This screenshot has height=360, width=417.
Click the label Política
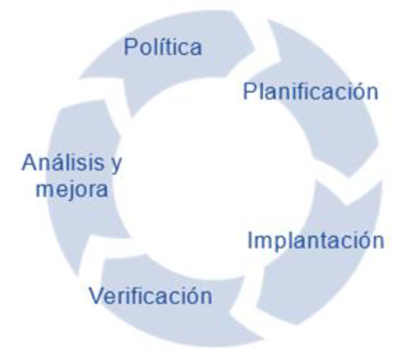(x=163, y=47)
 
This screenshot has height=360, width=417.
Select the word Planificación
(x=311, y=92)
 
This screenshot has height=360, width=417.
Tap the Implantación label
(x=316, y=241)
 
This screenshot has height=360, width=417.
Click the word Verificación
(x=151, y=295)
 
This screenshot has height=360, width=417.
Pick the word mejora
(x=72, y=189)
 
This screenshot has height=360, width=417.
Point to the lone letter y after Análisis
(x=116, y=165)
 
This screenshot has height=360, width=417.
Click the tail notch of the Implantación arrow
(x=347, y=205)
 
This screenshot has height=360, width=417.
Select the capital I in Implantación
(x=250, y=240)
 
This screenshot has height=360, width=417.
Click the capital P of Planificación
(x=250, y=91)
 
